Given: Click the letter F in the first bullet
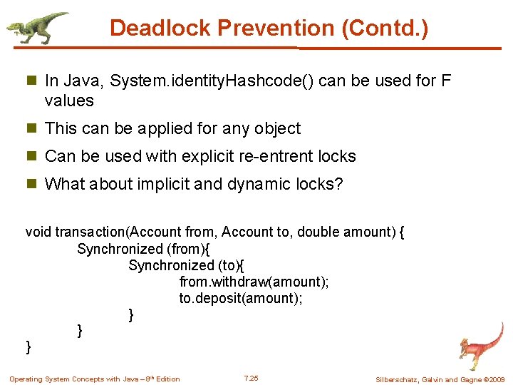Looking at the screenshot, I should (446, 81).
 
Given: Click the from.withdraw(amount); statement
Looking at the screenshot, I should (254, 282).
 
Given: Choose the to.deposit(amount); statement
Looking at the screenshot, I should (241, 298).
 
